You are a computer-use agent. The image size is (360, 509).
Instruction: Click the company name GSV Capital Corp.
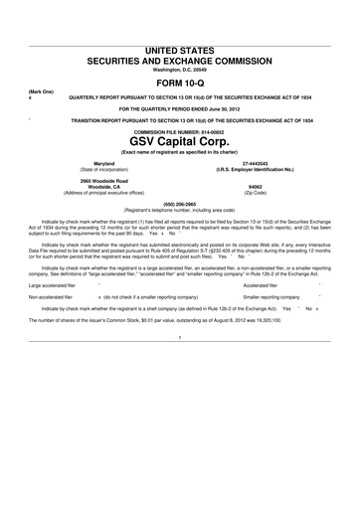[x=180, y=140]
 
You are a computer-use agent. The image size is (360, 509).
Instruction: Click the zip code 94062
[x=256, y=186]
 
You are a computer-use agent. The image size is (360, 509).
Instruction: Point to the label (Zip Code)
[x=256, y=191]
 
